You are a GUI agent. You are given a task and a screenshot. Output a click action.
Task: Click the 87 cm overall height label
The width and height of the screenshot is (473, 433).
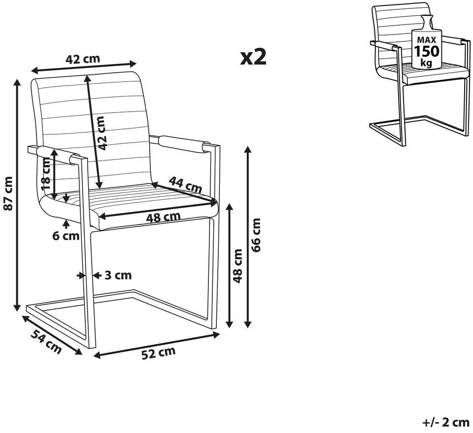pos(8,194)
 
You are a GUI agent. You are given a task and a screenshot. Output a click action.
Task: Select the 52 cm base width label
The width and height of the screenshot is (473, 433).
pos(158,353)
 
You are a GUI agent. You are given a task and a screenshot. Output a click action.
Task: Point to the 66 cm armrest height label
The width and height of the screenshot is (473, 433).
pos(256,235)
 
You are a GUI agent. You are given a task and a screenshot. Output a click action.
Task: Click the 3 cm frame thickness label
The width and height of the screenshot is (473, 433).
pos(118,275)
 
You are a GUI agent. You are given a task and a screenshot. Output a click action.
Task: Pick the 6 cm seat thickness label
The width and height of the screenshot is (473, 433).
pos(66,236)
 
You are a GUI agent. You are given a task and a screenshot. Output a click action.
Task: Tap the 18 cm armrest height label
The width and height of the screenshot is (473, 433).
pos(45,174)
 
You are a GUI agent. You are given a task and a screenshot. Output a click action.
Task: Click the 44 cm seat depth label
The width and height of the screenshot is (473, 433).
pos(185,185)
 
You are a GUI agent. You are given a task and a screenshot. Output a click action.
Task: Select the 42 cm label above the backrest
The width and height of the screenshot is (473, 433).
pos(83,59)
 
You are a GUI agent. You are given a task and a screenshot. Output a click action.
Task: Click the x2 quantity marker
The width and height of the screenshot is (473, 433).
pos(253,57)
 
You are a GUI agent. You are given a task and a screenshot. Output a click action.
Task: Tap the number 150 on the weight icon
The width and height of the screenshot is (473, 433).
pos(427,51)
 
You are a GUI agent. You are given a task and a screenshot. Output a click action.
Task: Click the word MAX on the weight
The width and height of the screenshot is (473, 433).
pos(427,39)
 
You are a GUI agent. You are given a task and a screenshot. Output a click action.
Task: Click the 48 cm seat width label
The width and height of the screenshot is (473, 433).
pos(163,217)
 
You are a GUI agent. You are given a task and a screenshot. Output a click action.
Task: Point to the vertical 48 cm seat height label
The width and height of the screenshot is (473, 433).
pos(238,266)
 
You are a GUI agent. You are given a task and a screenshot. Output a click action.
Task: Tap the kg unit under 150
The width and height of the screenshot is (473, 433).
pos(427,62)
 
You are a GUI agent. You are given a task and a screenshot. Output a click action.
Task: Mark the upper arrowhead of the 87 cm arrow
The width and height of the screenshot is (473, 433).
pos(18,83)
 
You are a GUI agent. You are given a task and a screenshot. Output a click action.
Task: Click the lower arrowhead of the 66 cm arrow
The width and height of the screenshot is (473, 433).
pos(248,324)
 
